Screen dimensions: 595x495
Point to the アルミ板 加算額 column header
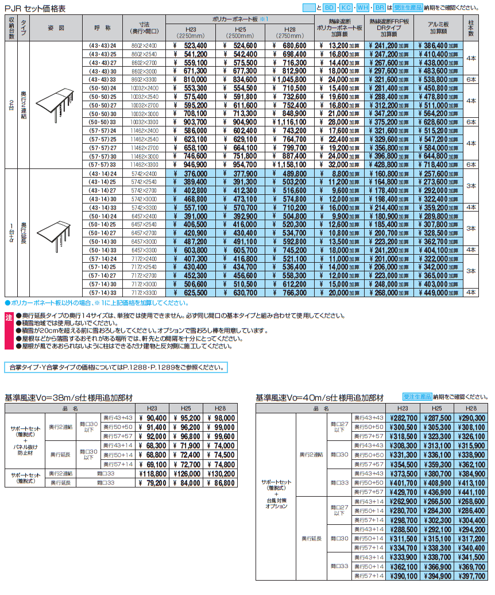(442, 28)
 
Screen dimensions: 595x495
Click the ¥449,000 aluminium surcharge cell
(442, 293)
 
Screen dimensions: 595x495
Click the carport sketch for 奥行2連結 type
(55, 105)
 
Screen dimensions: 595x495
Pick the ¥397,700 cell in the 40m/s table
(472, 575)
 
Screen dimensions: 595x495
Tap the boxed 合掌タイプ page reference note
(115, 367)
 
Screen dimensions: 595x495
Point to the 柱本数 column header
(471, 28)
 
